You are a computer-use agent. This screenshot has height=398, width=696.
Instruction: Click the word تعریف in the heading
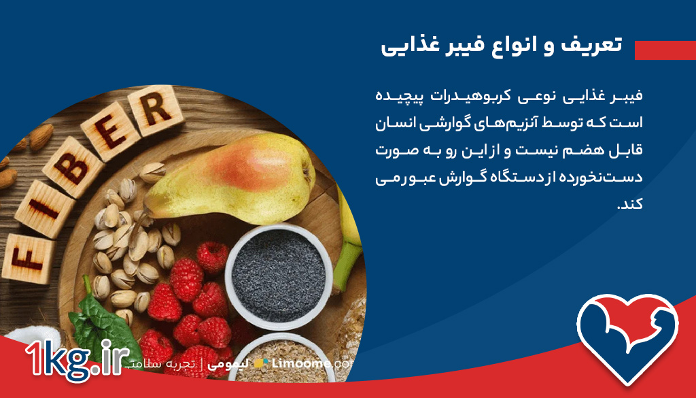(592, 46)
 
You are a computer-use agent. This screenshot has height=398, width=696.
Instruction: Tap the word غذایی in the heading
(408, 46)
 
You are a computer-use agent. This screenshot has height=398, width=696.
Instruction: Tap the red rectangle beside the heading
(665, 49)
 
